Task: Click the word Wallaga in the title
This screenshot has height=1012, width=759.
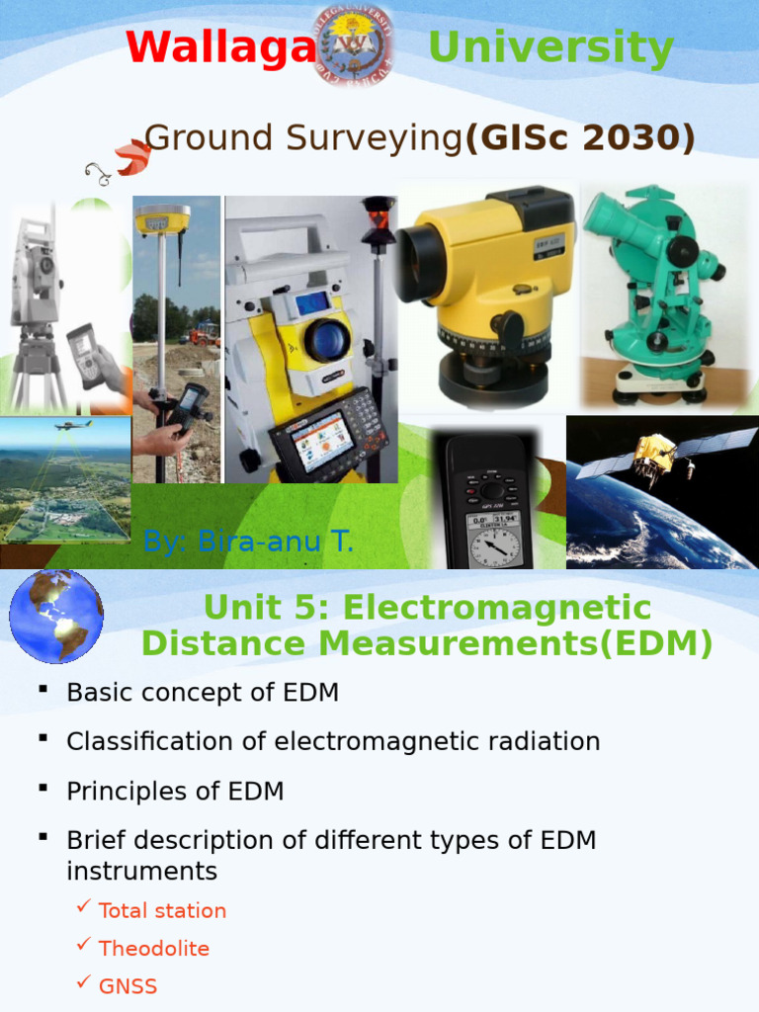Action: [x=220, y=47]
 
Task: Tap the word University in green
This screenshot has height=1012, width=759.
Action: [x=551, y=47]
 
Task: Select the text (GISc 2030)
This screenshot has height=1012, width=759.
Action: [x=579, y=138]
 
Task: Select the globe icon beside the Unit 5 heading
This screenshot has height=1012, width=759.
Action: [x=56, y=615]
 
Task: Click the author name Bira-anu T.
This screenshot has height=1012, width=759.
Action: [x=248, y=542]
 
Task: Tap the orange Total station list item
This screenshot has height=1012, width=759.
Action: [x=162, y=910]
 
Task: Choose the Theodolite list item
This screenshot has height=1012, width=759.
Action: [x=154, y=949]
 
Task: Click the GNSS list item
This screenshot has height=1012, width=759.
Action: [x=128, y=986]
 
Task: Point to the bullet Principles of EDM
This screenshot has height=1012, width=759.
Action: [x=175, y=792]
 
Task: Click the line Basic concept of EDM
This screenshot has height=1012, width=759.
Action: [x=203, y=693]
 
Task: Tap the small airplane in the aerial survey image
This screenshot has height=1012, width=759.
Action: [x=72, y=425]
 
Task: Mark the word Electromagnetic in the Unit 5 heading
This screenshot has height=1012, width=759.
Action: [x=497, y=608]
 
